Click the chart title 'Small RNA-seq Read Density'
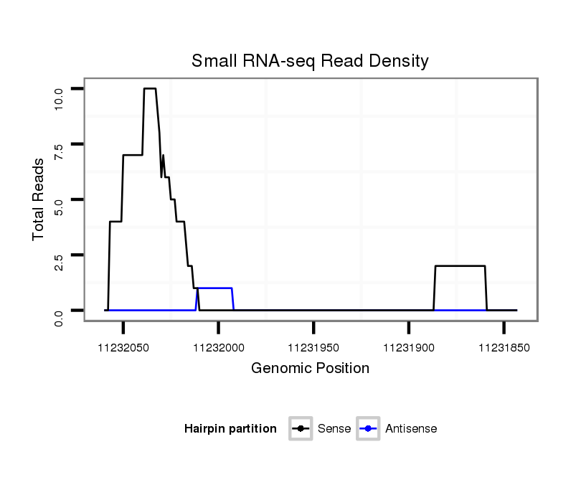click(x=310, y=61)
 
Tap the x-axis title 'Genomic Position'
click(x=310, y=369)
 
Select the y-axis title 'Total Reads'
click(x=39, y=199)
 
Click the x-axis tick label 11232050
click(x=123, y=347)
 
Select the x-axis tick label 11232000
click(x=219, y=347)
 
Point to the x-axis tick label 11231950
click(x=313, y=347)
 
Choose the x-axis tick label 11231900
click(x=409, y=347)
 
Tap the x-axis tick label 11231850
click(x=504, y=347)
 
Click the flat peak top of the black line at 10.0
click(x=150, y=88)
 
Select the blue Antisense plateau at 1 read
click(x=215, y=288)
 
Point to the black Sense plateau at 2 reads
click(x=460, y=266)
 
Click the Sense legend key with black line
click(x=301, y=429)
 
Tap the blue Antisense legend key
click(x=368, y=429)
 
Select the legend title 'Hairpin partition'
click(x=230, y=429)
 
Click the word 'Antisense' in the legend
click(x=411, y=429)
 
